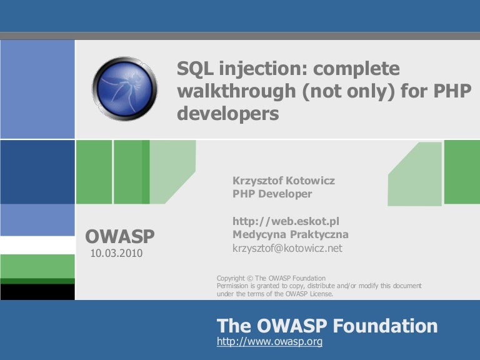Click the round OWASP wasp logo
tap(124, 89)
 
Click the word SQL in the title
tap(195, 69)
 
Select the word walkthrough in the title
tap(237, 91)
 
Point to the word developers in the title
tap(228, 114)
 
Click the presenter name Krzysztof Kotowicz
tap(284, 181)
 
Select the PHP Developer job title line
tap(272, 194)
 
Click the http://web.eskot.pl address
tap(286, 221)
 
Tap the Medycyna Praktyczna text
tap(291, 234)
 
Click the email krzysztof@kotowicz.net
tap(287, 248)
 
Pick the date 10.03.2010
tap(116, 253)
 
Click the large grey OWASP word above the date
tap(120, 236)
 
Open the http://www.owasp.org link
tap(270, 341)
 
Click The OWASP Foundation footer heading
tap(327, 326)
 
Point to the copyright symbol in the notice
tap(250, 278)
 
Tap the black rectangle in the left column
tap(37, 292)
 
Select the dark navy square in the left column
tap(37, 172)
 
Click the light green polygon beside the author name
tap(415, 174)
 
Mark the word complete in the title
tap(356, 69)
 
